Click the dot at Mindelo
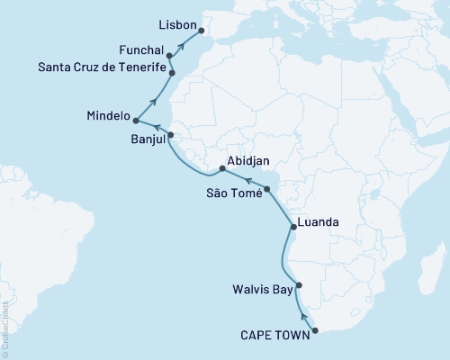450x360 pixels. (136, 119)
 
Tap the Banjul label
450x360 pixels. (146, 139)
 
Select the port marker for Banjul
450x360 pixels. (171, 135)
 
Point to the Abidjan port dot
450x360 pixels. (221, 168)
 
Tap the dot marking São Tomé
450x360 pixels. (266, 188)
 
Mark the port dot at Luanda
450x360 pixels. (291, 227)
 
